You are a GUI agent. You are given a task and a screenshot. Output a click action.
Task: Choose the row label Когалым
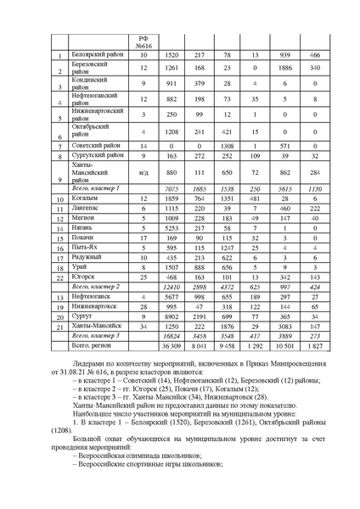[85, 198]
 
